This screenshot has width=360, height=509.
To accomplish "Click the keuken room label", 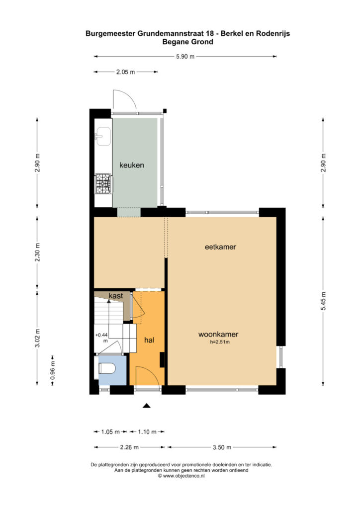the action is click(x=132, y=165).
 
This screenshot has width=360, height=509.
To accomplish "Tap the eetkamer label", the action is click(x=220, y=247).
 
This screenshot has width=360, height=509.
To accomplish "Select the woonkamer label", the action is click(x=218, y=334).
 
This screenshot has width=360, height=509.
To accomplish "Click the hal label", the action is click(x=149, y=340).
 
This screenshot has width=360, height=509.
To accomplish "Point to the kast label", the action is click(x=116, y=296).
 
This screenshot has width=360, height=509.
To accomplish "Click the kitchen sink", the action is click(x=103, y=136).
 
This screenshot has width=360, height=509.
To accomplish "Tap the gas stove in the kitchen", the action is click(x=103, y=184).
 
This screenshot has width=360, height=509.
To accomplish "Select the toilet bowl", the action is click(x=107, y=368).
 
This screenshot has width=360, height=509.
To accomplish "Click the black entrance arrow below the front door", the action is click(x=147, y=405).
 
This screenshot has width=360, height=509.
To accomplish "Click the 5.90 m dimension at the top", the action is click(x=185, y=57).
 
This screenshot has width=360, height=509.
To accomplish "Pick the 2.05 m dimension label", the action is click(x=126, y=72).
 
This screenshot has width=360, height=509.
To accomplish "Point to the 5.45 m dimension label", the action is click(x=323, y=301).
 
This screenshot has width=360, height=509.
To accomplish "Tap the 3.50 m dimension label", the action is click(x=222, y=447).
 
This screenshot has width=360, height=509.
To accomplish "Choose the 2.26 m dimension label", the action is click(x=129, y=447).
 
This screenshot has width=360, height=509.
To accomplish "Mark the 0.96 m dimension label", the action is click(x=53, y=370).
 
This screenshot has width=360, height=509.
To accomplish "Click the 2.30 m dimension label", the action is click(x=37, y=252).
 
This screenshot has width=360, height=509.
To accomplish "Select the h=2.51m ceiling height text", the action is click(x=220, y=342).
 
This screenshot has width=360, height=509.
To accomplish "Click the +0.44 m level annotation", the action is click(x=101, y=338).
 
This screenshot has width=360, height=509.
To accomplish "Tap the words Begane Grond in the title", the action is click(x=187, y=42).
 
